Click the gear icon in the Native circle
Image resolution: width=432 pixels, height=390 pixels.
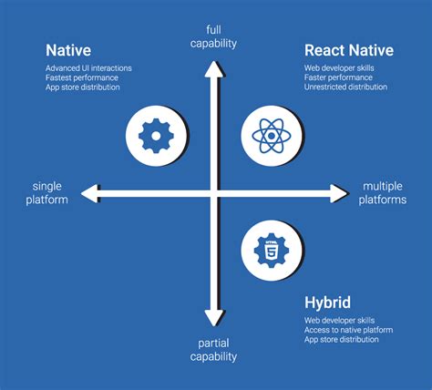coord(155,136)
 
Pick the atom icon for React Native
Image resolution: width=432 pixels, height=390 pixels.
coord(271,136)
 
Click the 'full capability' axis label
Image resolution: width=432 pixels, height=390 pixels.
coord(213,36)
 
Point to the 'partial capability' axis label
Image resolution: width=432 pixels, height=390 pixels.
coord(213,350)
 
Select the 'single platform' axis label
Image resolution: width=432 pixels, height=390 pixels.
coord(45,192)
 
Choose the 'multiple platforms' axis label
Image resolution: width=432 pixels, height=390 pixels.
coord(383,192)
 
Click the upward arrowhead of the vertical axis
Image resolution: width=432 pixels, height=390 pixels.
coord(213,65)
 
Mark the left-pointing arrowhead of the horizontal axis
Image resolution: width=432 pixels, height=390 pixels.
coord(89,192)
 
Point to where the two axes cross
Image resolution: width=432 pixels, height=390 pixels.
coord(213,192)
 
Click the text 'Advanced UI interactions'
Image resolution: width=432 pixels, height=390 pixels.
coord(87,67)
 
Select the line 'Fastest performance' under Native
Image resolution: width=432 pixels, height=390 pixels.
coord(80,77)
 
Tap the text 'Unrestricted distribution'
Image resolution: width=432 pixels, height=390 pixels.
coord(345,87)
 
